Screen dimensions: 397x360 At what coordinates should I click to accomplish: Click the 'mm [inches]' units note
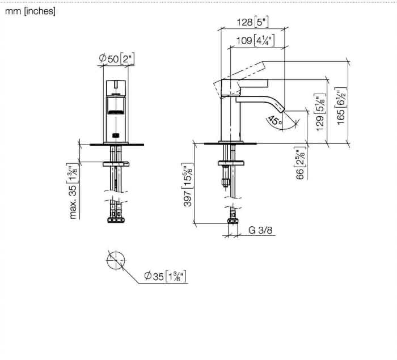(x=30, y=11)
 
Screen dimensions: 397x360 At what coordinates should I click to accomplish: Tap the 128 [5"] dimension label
(x=252, y=22)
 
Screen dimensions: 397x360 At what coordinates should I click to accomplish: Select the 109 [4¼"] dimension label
(x=255, y=40)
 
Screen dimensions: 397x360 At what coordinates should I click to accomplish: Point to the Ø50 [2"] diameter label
(x=116, y=59)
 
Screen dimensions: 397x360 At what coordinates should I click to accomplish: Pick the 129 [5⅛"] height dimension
(x=320, y=112)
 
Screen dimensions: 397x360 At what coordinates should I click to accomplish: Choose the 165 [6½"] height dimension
(x=341, y=106)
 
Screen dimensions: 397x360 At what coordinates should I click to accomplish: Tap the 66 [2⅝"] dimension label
(x=300, y=163)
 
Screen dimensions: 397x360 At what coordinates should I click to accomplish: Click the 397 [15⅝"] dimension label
(x=188, y=185)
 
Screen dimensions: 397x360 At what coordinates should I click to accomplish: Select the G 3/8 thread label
(x=260, y=230)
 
